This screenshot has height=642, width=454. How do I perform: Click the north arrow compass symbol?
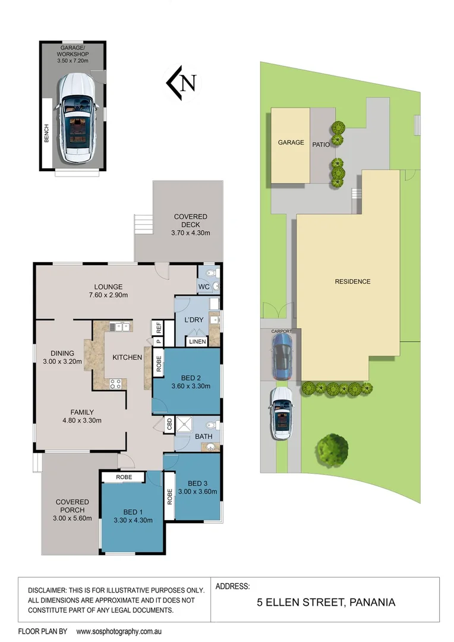click(181, 83)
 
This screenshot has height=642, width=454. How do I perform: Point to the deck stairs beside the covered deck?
click(143, 225)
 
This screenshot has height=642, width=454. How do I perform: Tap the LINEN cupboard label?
click(197, 342)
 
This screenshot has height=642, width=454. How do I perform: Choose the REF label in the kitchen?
click(159, 328)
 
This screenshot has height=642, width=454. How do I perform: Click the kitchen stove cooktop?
click(116, 383)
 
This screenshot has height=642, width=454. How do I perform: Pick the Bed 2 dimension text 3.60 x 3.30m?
click(187, 386)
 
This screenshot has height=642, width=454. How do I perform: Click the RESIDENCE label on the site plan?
click(352, 282)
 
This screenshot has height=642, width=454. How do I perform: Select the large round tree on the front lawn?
click(332, 449)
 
